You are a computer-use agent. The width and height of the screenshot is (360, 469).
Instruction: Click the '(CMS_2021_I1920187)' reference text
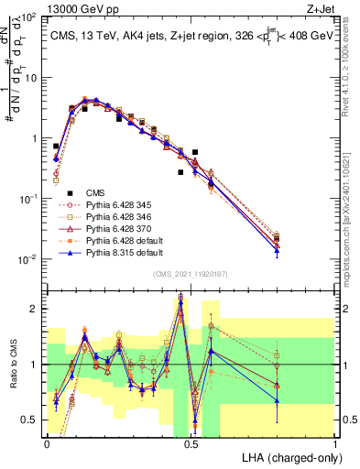(x=190, y=273)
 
